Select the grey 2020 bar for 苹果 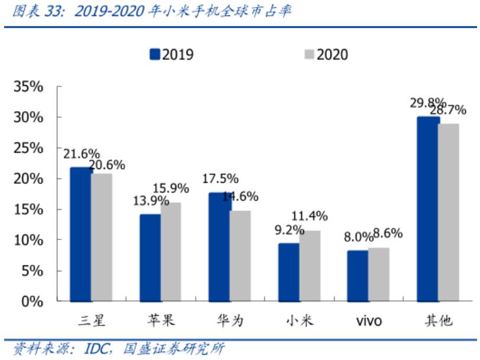[x=171, y=252]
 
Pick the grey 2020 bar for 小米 [x=310, y=266]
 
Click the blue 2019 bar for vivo [x=358, y=275]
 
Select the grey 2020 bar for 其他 [x=449, y=212]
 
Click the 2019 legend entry [x=171, y=55]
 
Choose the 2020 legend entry [x=326, y=55]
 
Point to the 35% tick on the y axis [x=28, y=87]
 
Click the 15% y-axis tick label [x=28, y=209]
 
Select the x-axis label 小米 [x=299, y=321]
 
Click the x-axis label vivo [x=368, y=321]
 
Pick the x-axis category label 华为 [x=230, y=321]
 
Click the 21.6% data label [x=82, y=154]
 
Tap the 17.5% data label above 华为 [x=219, y=178]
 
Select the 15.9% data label [x=170, y=189]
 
